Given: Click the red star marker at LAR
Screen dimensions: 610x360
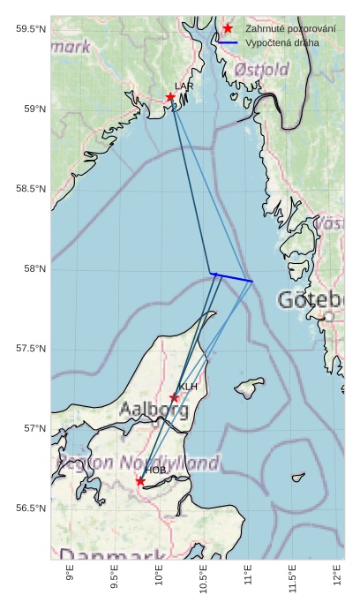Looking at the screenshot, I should [170, 97].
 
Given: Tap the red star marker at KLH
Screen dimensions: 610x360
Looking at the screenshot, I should [175, 397].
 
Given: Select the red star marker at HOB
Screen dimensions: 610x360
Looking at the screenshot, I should [140, 481].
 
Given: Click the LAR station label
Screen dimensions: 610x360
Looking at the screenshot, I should [184, 87].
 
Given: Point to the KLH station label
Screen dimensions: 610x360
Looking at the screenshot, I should [188, 387].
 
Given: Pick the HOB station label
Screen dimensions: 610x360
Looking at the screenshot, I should [156, 471].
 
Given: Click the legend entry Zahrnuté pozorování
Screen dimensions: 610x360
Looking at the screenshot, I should [290, 29].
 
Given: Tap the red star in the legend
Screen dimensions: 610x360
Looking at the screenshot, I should [228, 29].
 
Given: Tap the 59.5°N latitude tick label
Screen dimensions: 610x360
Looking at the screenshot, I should [31, 29].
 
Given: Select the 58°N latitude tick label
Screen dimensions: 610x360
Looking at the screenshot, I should [34, 268].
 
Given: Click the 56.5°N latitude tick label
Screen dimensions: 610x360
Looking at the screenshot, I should [31, 508].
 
